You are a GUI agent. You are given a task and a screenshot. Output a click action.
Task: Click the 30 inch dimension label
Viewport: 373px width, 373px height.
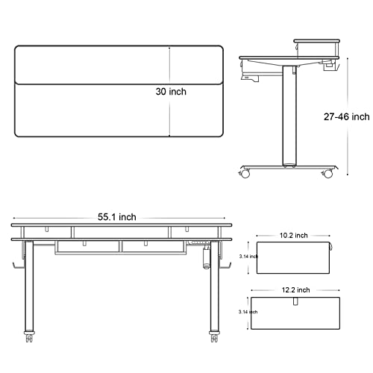click(x=171, y=92)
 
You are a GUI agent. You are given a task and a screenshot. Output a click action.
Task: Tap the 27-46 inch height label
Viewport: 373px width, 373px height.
click(x=346, y=116)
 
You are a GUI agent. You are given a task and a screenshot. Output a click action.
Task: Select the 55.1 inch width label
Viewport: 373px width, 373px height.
click(x=117, y=217)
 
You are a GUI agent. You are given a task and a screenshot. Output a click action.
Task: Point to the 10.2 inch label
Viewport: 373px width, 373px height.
click(x=294, y=235)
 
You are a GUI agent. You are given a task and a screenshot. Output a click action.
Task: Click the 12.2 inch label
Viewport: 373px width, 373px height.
click(x=295, y=290)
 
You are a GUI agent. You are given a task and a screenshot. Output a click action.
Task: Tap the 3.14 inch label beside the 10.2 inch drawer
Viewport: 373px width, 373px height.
click(x=248, y=257)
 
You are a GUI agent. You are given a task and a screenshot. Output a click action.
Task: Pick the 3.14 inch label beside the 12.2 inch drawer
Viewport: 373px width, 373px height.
click(x=248, y=312)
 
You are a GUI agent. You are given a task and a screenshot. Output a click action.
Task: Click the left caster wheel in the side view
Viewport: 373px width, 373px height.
click(x=245, y=173)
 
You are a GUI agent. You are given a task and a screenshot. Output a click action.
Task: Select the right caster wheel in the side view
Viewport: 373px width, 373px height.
click(x=327, y=173)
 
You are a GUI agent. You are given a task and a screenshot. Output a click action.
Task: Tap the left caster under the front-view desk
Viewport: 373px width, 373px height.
click(x=29, y=336)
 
